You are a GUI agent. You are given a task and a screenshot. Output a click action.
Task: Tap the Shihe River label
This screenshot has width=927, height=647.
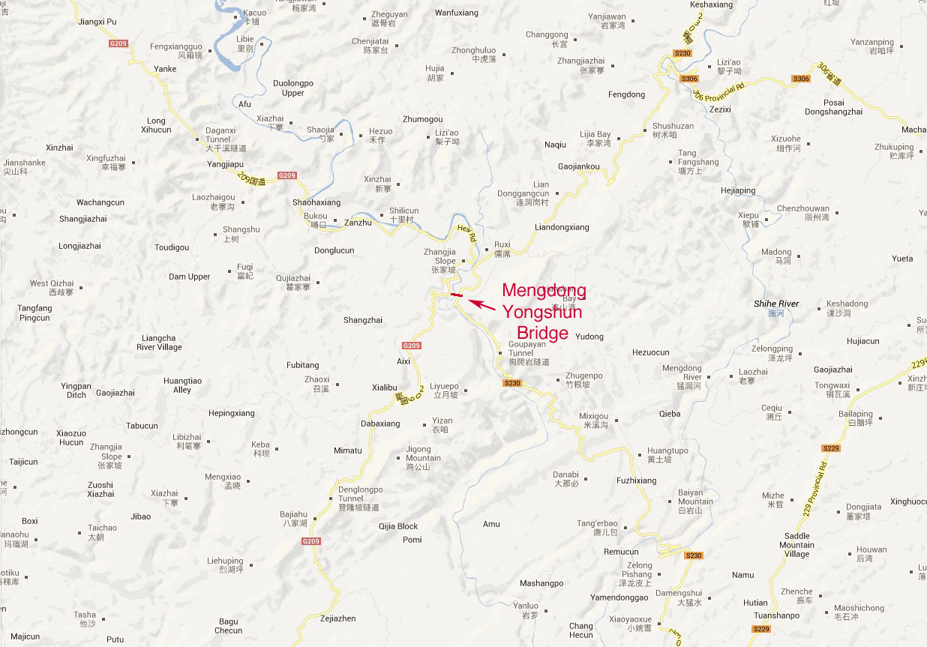pos(776,304)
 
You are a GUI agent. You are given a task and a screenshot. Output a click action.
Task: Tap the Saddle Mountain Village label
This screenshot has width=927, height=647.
pos(797,545)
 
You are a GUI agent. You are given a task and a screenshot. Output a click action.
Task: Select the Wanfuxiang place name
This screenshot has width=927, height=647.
pos(456,13)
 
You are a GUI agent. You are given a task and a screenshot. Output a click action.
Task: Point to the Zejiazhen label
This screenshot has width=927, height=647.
pos(337,619)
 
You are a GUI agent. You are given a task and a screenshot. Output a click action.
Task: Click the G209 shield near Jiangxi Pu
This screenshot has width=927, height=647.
pos(118,43)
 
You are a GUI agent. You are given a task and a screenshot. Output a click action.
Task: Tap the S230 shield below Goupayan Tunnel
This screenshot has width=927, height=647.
pos(511,383)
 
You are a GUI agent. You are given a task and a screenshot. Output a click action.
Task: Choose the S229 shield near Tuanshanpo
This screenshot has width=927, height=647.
pos(761,629)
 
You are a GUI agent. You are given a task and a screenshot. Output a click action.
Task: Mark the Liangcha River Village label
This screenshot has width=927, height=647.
pos(159,343)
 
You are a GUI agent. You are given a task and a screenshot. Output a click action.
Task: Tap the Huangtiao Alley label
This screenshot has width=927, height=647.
pos(182,385)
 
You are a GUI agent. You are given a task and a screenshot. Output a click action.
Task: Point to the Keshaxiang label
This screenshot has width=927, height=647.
pos(711,4)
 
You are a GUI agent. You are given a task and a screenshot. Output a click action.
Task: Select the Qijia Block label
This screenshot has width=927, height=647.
pos(398,526)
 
